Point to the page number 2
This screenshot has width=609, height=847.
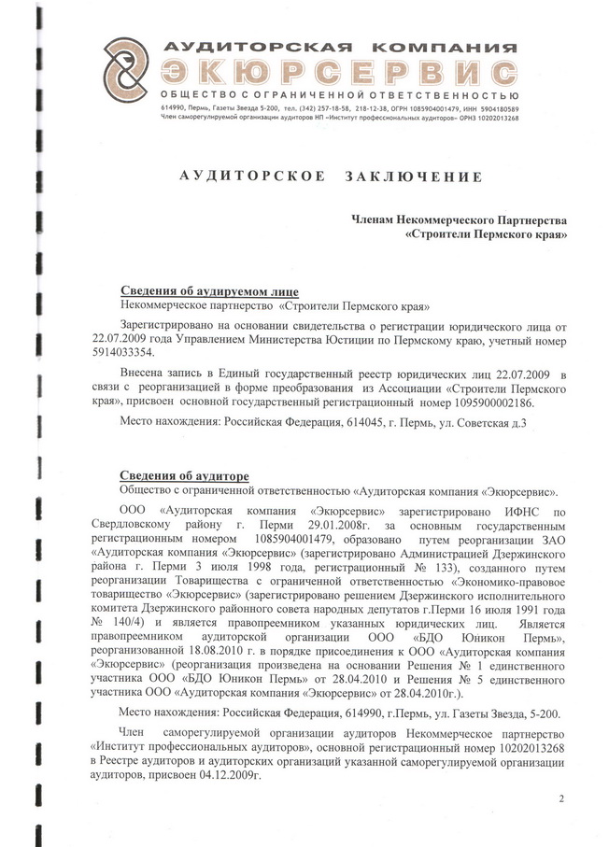[x=561, y=798]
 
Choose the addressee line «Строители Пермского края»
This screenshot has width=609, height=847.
[x=487, y=236]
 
